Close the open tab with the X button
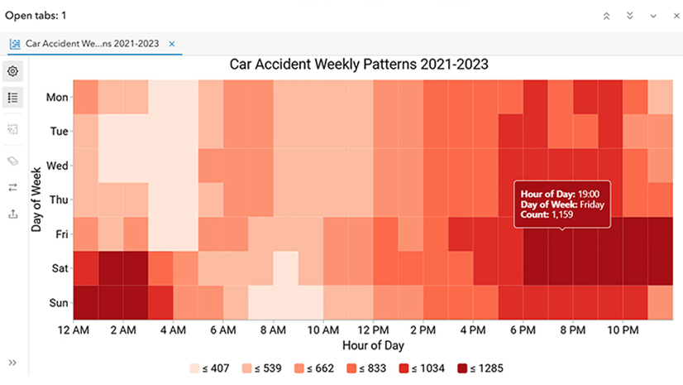tap(171, 44)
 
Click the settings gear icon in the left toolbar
tap(13, 71)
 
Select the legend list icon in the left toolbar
tap(13, 97)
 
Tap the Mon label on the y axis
tap(57, 97)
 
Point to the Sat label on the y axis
tap(59, 268)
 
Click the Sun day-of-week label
tap(58, 303)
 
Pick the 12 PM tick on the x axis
tap(374, 330)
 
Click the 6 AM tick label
tap(223, 330)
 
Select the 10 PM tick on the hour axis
tap(624, 330)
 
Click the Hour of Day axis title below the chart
tap(373, 345)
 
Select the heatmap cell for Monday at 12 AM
tap(85, 97)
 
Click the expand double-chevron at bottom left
tap(13, 362)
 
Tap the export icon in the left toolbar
tap(13, 214)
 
